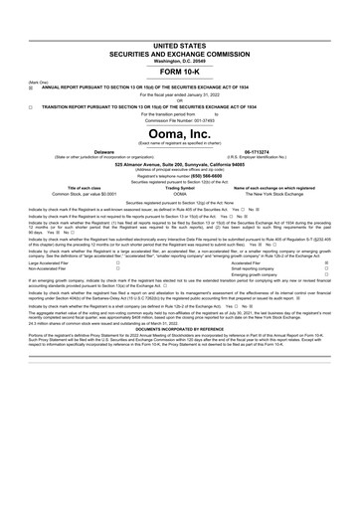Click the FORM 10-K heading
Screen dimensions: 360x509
click(x=181, y=73)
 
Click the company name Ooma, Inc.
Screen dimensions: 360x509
click(x=181, y=133)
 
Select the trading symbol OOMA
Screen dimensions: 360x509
click(x=180, y=192)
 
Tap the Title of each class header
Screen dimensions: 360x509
click(x=75, y=187)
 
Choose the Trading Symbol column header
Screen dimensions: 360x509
click(x=180, y=187)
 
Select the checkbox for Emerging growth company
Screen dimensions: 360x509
click(x=326, y=274)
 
